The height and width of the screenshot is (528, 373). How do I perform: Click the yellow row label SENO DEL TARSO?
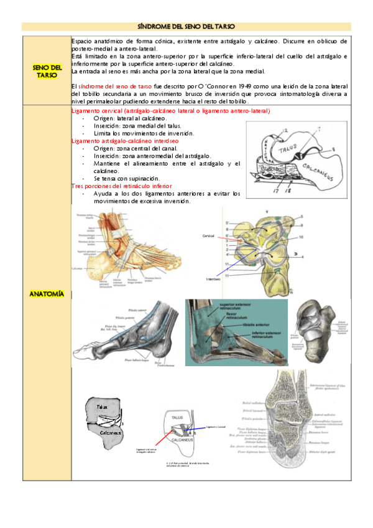tap(47, 70)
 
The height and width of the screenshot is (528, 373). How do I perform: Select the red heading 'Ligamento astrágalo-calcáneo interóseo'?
tap(125, 141)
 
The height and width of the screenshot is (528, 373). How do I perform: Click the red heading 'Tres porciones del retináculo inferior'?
tap(122, 186)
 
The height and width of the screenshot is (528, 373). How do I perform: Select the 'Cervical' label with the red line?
tap(208, 237)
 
